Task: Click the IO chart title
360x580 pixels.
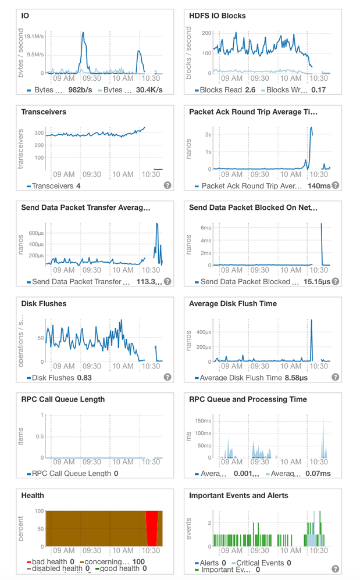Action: tap(25, 16)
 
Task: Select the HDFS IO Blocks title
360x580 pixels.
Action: tap(218, 16)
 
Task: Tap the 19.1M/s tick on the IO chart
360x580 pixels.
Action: tap(34, 36)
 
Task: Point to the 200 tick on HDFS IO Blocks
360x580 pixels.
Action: tap(206, 33)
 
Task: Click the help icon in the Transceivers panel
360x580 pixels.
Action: tap(167, 185)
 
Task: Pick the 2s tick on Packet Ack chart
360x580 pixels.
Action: tap(208, 134)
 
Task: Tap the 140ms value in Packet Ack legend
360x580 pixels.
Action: tap(319, 186)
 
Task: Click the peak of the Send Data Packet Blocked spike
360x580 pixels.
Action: tap(321, 224)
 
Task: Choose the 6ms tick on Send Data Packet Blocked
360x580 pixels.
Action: tap(206, 227)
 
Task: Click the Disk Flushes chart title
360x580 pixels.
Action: tap(44, 303)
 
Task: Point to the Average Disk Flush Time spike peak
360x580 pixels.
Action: tap(312, 320)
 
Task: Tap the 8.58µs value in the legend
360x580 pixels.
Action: tap(296, 378)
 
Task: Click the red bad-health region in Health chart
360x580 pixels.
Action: tap(152, 529)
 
